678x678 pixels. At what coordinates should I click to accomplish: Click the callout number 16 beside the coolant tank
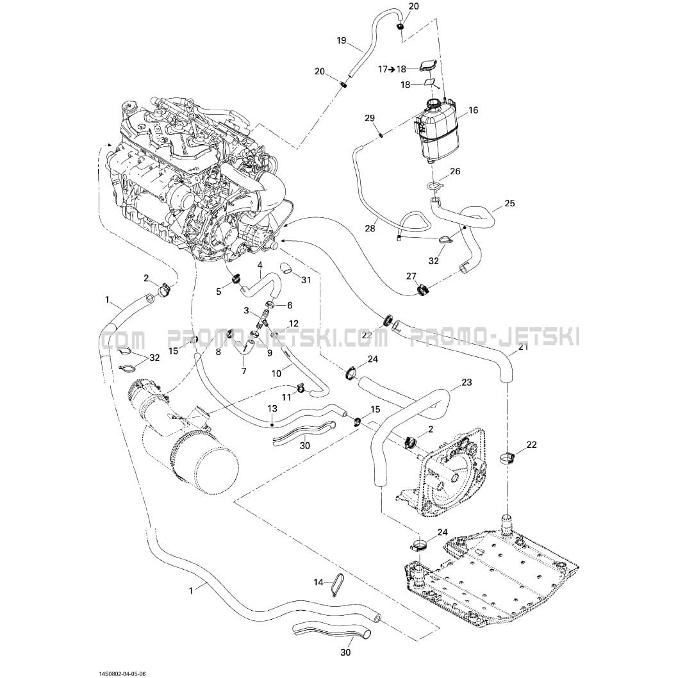pos(473,110)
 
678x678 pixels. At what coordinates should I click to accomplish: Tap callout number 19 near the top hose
pos(342,40)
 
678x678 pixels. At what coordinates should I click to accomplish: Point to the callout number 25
pos(509,204)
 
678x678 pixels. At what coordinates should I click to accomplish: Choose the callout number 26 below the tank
pos(455,172)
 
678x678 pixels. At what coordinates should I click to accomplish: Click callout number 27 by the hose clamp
pos(411,276)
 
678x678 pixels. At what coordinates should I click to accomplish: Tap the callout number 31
pos(306,279)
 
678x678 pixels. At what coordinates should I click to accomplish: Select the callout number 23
pos(466,382)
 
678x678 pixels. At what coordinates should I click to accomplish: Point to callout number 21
pos(524,347)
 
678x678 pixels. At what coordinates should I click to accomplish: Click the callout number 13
pos(272,408)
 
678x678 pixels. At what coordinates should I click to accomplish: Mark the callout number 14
pos(318,582)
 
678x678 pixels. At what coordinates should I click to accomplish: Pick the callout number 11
pos(286,397)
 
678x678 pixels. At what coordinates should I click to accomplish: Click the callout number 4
pos(260,264)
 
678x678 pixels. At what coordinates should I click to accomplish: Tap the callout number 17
pos(383,69)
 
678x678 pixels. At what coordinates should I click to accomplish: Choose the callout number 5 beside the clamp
pos(218,292)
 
